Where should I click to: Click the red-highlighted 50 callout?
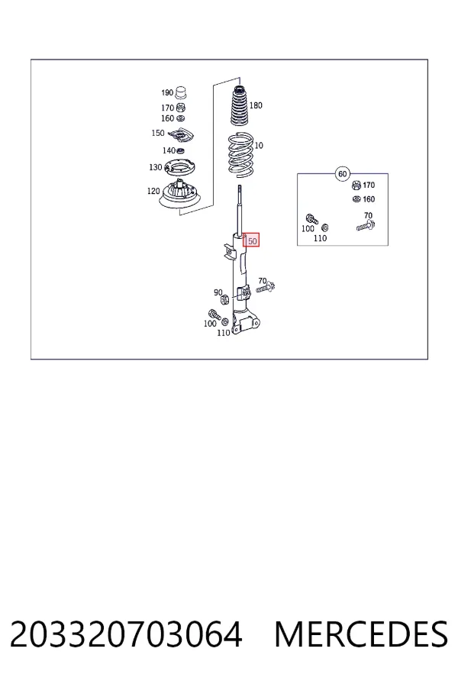pyautogui.click(x=252, y=240)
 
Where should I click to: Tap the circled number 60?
pyautogui.click(x=342, y=174)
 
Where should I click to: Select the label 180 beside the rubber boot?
pyautogui.click(x=256, y=105)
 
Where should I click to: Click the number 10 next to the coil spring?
pyautogui.click(x=259, y=145)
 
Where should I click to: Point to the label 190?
pyautogui.click(x=167, y=92)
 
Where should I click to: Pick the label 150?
pyautogui.click(x=158, y=133)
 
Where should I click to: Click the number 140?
pyautogui.click(x=169, y=150)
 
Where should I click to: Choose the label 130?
pyautogui.click(x=156, y=167)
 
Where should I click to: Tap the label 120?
pyautogui.click(x=153, y=191)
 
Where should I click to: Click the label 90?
pyautogui.click(x=218, y=292)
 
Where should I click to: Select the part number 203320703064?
pyautogui.click(x=126, y=634)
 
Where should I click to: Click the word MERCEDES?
pyautogui.click(x=361, y=634)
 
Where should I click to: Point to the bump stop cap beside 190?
pyautogui.click(x=181, y=93)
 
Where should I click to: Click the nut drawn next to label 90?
pyautogui.click(x=224, y=300)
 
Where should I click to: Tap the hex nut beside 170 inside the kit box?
pyautogui.click(x=356, y=185)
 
